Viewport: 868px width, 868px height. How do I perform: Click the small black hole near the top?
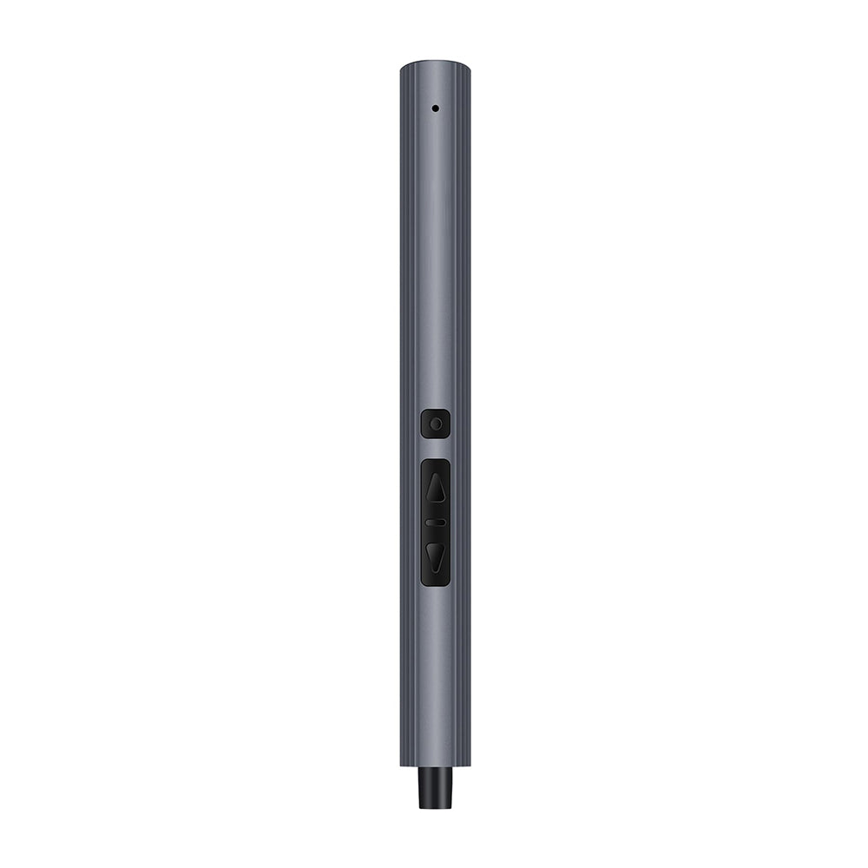(435, 108)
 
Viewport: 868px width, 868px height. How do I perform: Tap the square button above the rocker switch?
(436, 424)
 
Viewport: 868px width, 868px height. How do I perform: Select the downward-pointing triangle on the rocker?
(436, 556)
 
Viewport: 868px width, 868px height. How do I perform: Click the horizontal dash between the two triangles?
(436, 523)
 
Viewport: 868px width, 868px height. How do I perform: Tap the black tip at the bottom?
(435, 787)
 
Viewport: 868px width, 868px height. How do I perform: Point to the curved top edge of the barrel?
(435, 62)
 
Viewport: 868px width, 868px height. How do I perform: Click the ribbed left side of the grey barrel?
(405, 347)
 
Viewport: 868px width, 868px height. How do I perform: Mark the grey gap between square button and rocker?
(436, 449)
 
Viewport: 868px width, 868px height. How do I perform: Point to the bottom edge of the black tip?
(435, 807)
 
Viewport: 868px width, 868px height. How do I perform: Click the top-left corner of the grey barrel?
(401, 67)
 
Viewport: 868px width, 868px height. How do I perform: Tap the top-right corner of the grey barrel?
(469, 67)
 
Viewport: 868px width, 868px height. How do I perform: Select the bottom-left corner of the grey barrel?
(401, 766)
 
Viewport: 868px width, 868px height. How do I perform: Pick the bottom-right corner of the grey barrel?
(469, 766)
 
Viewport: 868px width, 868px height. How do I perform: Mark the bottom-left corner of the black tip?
(420, 806)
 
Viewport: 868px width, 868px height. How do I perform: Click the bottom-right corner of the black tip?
(450, 806)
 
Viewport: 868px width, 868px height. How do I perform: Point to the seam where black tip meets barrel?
(435, 767)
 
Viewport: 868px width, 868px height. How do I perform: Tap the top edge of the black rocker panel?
(436, 460)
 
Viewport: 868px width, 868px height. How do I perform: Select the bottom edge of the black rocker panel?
(436, 584)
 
